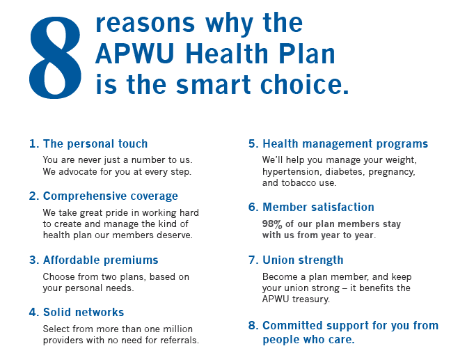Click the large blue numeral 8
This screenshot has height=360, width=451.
55,58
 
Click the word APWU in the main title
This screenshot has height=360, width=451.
135,54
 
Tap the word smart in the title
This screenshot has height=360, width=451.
214,84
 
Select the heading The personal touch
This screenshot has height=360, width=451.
95,143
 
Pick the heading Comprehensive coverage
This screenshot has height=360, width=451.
111,196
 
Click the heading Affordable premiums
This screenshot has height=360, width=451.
101,260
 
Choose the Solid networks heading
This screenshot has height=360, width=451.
84,312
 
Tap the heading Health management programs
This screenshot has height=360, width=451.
345,144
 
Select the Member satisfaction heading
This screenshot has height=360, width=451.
318,208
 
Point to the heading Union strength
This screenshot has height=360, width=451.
303,260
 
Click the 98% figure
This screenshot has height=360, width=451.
272,224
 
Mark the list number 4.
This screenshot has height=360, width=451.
33,313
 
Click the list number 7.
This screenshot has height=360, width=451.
253,260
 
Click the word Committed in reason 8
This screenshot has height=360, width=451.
292,326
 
